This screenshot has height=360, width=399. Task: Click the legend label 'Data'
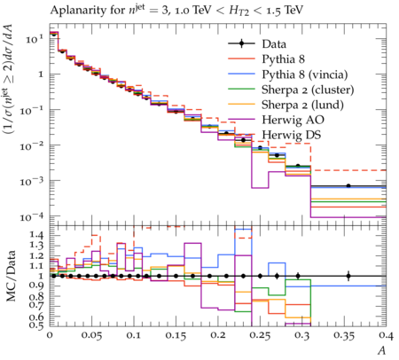coord(274,44)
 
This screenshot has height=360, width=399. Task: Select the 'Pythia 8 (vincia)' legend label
coord(305,74)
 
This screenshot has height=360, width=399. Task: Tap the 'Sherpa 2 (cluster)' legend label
coord(308,90)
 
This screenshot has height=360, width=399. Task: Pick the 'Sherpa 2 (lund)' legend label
coord(302,105)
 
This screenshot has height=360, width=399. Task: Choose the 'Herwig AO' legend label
coord(293,120)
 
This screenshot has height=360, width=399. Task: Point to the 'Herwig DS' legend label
coord(292,135)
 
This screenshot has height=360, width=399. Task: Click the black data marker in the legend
coord(241,43)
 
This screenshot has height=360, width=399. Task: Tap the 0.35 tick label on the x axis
coord(344,335)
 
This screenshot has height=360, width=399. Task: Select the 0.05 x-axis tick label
coord(91,335)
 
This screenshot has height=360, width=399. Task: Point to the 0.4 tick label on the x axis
coord(386,335)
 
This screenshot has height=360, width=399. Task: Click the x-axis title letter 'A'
coord(382,350)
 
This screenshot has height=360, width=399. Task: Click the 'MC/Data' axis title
coord(11,276)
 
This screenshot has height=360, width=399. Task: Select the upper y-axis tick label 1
coord(41,74)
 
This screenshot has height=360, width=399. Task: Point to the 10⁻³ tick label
coord(31,181)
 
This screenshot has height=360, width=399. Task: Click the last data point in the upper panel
coord(348,186)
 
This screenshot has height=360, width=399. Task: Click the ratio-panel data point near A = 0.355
coord(348,276)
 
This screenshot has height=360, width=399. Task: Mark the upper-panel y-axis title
coord(11,79)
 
